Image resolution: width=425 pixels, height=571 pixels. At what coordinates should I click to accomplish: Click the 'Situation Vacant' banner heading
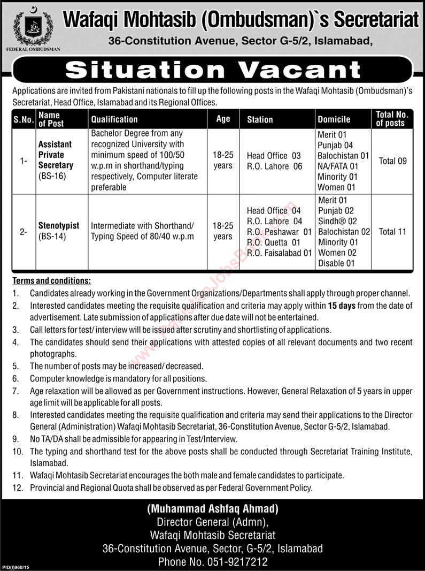pyautogui.click(x=213, y=70)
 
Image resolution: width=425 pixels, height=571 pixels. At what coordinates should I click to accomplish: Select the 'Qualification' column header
pyautogui.click(x=114, y=119)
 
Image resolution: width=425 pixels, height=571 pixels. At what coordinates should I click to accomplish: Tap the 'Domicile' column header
pyautogui.click(x=334, y=119)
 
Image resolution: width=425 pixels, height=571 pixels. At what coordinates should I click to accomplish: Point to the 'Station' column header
pyautogui.click(x=260, y=119)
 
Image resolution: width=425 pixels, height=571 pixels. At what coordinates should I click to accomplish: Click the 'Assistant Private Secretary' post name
pyautogui.click(x=56, y=155)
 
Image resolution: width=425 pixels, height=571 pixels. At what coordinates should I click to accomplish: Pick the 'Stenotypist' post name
pyautogui.click(x=59, y=226)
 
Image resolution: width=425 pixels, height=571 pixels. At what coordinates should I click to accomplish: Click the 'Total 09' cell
pyautogui.click(x=392, y=161)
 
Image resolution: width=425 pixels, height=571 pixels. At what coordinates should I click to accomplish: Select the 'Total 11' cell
pyautogui.click(x=392, y=232)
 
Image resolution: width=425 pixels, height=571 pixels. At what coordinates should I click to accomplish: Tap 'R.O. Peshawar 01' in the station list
pyautogui.click(x=279, y=232)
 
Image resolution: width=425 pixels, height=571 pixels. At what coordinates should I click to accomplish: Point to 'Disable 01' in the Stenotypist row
pyautogui.click(x=336, y=263)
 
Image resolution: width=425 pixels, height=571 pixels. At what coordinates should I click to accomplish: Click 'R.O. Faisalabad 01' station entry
pyautogui.click(x=279, y=253)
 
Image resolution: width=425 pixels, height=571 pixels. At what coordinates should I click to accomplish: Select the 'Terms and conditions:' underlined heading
pyautogui.click(x=51, y=281)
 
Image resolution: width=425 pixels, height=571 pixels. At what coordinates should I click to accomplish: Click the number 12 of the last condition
pyautogui.click(x=17, y=488)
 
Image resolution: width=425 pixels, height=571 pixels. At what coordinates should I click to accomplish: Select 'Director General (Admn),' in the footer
pyautogui.click(x=213, y=523)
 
